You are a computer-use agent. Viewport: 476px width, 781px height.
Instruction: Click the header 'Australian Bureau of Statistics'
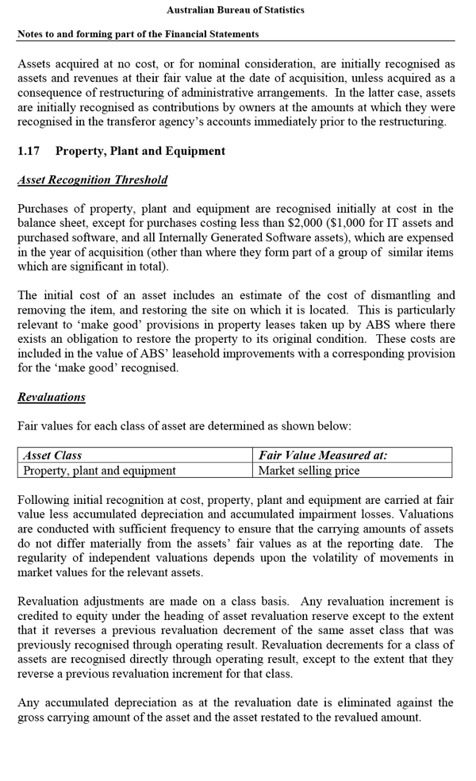tap(235, 10)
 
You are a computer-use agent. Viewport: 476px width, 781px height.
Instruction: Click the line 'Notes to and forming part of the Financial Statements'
tap(138, 34)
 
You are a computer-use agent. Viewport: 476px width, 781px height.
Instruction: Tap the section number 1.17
tap(29, 151)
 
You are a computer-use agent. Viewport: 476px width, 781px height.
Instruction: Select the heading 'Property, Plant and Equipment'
tap(140, 151)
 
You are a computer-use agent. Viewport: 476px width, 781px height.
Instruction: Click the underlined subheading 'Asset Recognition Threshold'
tap(92, 180)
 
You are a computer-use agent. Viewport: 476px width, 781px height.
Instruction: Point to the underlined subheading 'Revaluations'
tap(52, 397)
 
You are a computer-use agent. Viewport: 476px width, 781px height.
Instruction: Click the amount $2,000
tap(300, 223)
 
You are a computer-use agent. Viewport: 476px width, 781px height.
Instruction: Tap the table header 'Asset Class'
tap(52, 456)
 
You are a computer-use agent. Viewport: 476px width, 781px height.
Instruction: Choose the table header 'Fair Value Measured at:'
tap(323, 456)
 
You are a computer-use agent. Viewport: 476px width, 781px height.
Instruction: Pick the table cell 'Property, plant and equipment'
tap(100, 471)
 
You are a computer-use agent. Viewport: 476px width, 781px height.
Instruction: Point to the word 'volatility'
tap(314, 557)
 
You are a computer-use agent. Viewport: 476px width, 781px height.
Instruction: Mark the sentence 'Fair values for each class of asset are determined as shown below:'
tap(184, 426)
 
